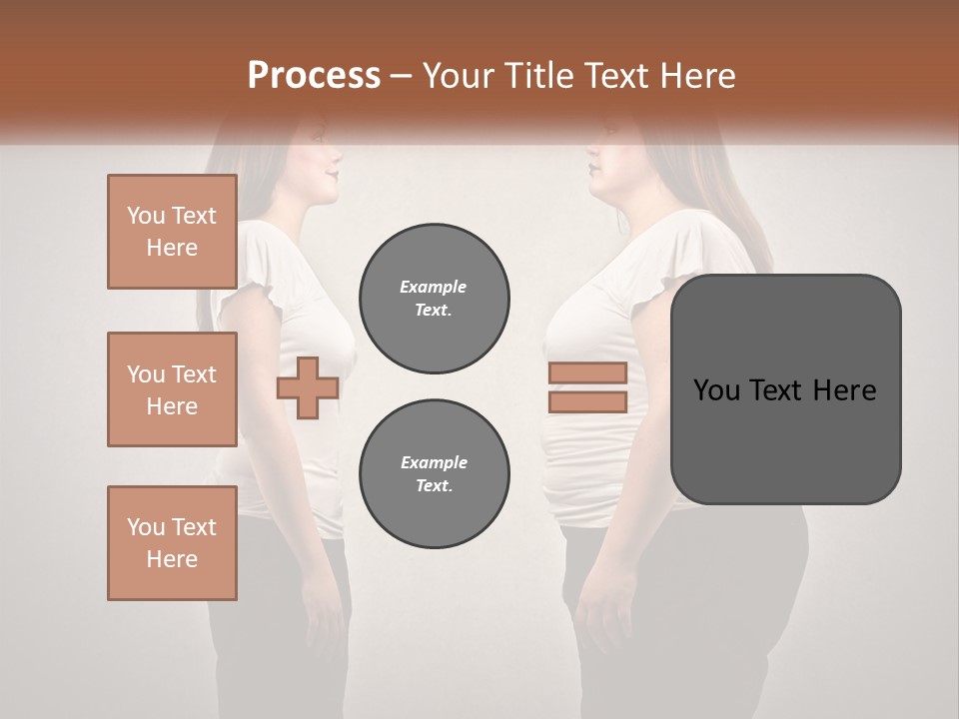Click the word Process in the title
tap(314, 76)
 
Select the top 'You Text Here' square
tap(172, 232)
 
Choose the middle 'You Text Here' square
tap(172, 389)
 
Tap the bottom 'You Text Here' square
tap(172, 542)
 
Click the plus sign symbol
tap(307, 388)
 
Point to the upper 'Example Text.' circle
tap(434, 299)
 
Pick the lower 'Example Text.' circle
tap(434, 474)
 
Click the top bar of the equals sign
tap(587, 372)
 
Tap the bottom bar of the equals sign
tap(587, 402)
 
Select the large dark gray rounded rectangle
tap(785, 389)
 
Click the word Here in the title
tap(697, 76)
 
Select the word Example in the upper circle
tap(434, 287)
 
